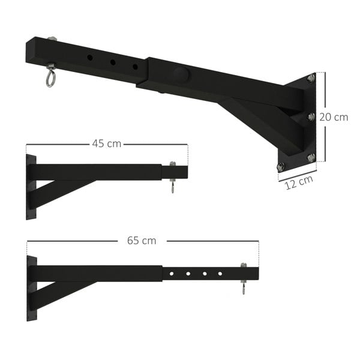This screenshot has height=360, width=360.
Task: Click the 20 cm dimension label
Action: [334, 117]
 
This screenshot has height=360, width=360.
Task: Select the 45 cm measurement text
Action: [106, 144]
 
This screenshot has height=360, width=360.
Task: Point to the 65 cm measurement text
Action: [142, 241]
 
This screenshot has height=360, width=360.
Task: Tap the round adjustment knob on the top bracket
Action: [180, 75]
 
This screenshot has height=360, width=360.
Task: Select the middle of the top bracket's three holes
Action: [112, 62]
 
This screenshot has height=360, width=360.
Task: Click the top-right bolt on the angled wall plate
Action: [311, 78]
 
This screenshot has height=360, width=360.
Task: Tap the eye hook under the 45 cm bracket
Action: [173, 188]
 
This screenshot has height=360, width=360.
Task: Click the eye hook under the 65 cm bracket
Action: [244, 290]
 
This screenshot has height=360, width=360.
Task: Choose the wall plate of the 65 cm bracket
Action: [31, 287]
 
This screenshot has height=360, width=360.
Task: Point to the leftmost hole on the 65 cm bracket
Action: [172, 274]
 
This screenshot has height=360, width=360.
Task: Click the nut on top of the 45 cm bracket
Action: [173, 163]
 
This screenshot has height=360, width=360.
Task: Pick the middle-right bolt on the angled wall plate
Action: [311, 116]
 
